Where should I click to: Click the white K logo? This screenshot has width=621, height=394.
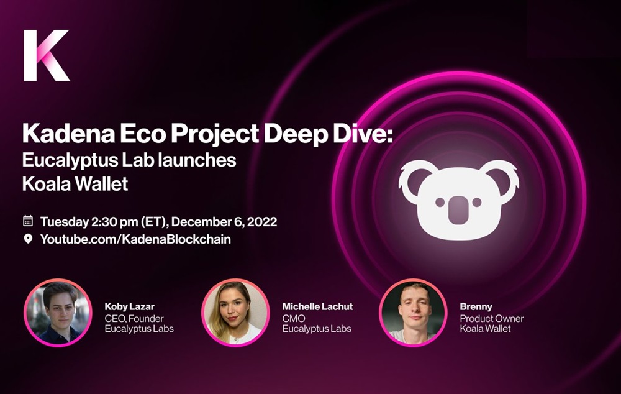tap(47, 55)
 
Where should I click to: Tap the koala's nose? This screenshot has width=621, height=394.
tap(458, 209)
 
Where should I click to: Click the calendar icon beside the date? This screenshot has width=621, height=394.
tap(28, 221)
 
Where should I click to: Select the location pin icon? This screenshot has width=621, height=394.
tap(28, 239)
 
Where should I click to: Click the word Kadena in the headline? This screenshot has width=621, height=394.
tap(68, 134)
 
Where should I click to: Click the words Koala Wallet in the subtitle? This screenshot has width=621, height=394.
tap(75, 184)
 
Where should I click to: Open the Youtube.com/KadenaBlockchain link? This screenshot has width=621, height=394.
tap(135, 239)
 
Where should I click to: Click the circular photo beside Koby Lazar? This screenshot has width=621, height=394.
tap(58, 313)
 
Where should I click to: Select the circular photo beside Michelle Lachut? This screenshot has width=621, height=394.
tap(235, 313)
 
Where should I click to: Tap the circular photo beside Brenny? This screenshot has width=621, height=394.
tap(413, 313)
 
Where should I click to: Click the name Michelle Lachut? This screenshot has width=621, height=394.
tap(317, 306)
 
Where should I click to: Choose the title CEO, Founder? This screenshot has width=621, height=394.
tap(134, 318)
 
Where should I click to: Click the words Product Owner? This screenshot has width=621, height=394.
tap(491, 318)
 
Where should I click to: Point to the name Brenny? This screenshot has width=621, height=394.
tap(476, 307)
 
